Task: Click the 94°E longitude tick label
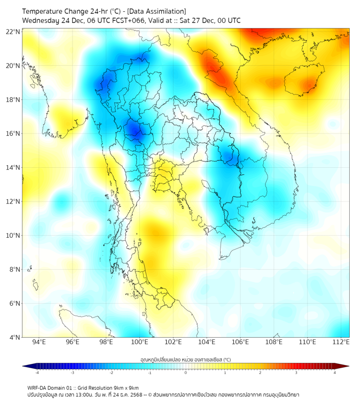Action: click(x=39, y=342)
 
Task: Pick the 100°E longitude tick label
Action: click(x=140, y=342)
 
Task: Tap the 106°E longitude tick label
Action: click(x=240, y=342)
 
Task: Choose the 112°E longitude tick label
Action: click(x=341, y=342)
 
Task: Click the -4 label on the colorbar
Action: click(x=37, y=373)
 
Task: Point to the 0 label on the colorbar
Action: click(x=186, y=373)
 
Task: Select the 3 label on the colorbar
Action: click(x=297, y=373)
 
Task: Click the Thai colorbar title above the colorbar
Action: click(x=185, y=359)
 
